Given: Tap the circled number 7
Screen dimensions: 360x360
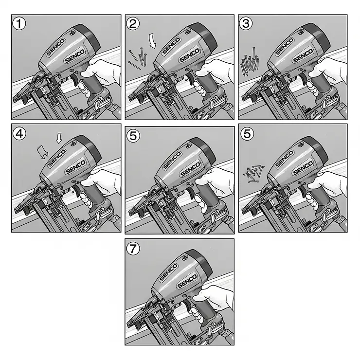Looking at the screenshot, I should tap(132, 248).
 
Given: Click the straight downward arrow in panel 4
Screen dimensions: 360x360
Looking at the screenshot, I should tap(59, 139).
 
